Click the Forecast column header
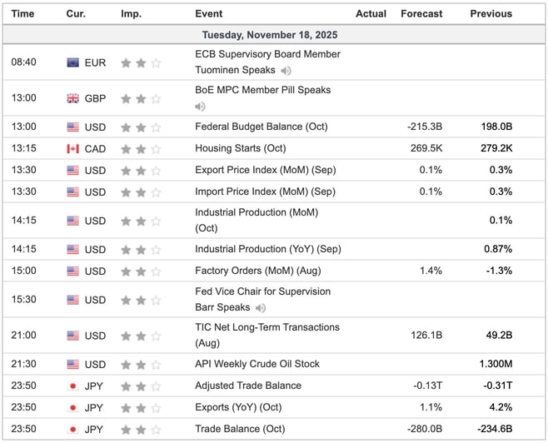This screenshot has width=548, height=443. click(422, 13)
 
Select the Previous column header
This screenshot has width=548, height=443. click(491, 13)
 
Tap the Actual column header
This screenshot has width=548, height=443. click(371, 13)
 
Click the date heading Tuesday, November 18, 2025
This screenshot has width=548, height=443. click(274, 35)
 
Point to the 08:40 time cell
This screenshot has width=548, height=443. click(23, 62)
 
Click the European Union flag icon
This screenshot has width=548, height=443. click(73, 62)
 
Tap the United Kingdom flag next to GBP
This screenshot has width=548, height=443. click(73, 98)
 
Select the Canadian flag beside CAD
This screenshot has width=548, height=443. click(73, 149)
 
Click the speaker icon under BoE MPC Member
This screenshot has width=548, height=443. click(200, 107)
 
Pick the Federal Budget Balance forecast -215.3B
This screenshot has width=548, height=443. click(423, 127)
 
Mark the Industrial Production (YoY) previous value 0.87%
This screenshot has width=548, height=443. click(496, 249)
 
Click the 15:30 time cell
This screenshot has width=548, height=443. click(23, 299)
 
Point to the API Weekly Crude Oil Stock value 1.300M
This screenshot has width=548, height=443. click(494, 364)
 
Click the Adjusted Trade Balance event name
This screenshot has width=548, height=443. click(248, 386)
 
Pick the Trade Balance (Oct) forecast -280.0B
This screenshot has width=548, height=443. click(423, 429)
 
